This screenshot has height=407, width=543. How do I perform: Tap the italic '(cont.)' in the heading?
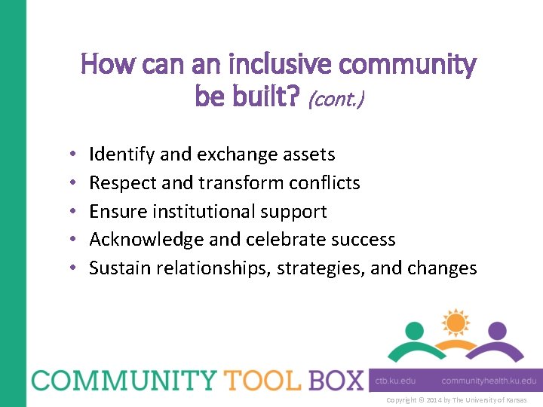coord(336,98)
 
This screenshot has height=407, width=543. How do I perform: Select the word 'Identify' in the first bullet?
coord(122,155)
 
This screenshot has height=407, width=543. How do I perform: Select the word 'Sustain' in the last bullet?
coord(120,268)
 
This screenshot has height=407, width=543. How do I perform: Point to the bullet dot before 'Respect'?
coord(69,183)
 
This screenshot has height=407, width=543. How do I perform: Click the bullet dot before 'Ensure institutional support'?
coord(69,212)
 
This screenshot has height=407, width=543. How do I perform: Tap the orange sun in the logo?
coord(455,323)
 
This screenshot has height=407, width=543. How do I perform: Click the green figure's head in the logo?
coord(414,331)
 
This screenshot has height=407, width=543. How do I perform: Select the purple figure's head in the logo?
coord(495,331)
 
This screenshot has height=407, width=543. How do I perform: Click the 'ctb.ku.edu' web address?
coord(395,381)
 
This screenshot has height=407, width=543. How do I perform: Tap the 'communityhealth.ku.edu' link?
coord(489,381)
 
